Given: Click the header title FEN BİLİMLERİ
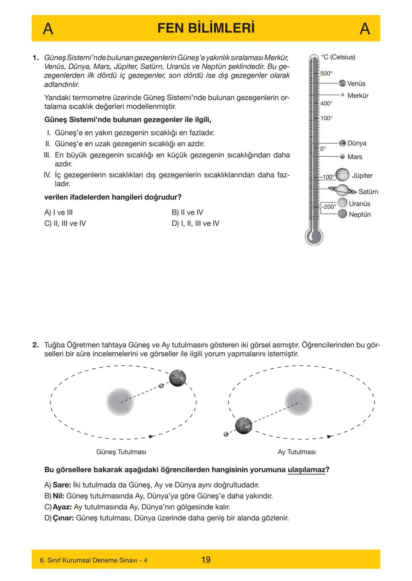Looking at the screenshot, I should (206, 28).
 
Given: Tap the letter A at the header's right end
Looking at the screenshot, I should (365, 29).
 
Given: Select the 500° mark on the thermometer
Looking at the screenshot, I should (326, 73).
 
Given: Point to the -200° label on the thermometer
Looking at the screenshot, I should (329, 207).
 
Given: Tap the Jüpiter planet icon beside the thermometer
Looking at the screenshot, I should (342, 175).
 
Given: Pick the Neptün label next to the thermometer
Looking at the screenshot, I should (360, 215).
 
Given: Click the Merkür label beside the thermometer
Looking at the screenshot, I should (358, 95).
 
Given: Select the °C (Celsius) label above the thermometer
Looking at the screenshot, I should (338, 57).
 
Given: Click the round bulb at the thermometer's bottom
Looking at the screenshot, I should (314, 236).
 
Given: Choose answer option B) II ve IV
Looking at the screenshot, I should (187, 212).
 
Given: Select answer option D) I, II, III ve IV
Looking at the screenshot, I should (195, 223).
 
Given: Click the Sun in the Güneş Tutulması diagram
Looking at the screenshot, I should (120, 402).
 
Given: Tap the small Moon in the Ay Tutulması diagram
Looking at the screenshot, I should (226, 434).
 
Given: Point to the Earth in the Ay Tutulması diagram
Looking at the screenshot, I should (243, 426).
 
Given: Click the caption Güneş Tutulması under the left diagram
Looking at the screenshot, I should (121, 452).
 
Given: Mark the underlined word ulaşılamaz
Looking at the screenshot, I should (306, 470).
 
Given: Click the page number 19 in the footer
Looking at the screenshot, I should (206, 560).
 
